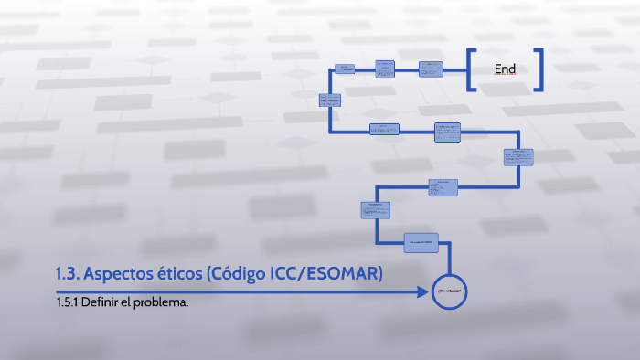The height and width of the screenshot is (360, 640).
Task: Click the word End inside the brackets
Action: click(505, 69)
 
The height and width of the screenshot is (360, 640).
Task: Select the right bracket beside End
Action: click(539, 69)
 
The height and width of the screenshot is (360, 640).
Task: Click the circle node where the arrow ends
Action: click(450, 292)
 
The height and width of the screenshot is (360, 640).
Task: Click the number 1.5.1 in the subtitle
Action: click(66, 302)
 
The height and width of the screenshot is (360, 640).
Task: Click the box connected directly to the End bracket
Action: click(432, 69)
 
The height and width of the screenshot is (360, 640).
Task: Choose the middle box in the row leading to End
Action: click(385, 69)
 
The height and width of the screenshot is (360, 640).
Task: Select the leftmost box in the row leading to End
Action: click(345, 69)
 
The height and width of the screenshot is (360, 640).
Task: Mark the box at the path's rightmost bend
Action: click(517, 156)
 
